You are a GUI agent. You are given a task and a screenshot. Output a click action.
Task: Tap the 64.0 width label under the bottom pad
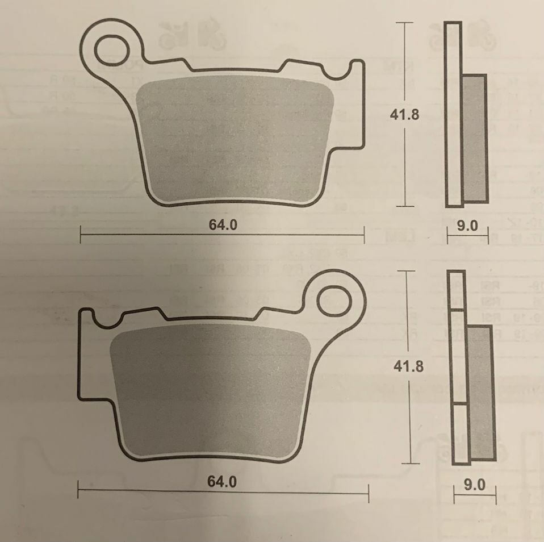221,482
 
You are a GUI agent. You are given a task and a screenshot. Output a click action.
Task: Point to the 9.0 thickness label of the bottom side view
475,485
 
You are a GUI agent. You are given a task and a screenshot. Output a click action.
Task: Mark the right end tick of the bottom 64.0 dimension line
369,493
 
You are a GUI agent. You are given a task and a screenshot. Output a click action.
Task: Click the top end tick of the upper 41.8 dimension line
404,23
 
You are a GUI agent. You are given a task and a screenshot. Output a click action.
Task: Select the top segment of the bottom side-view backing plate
457,290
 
